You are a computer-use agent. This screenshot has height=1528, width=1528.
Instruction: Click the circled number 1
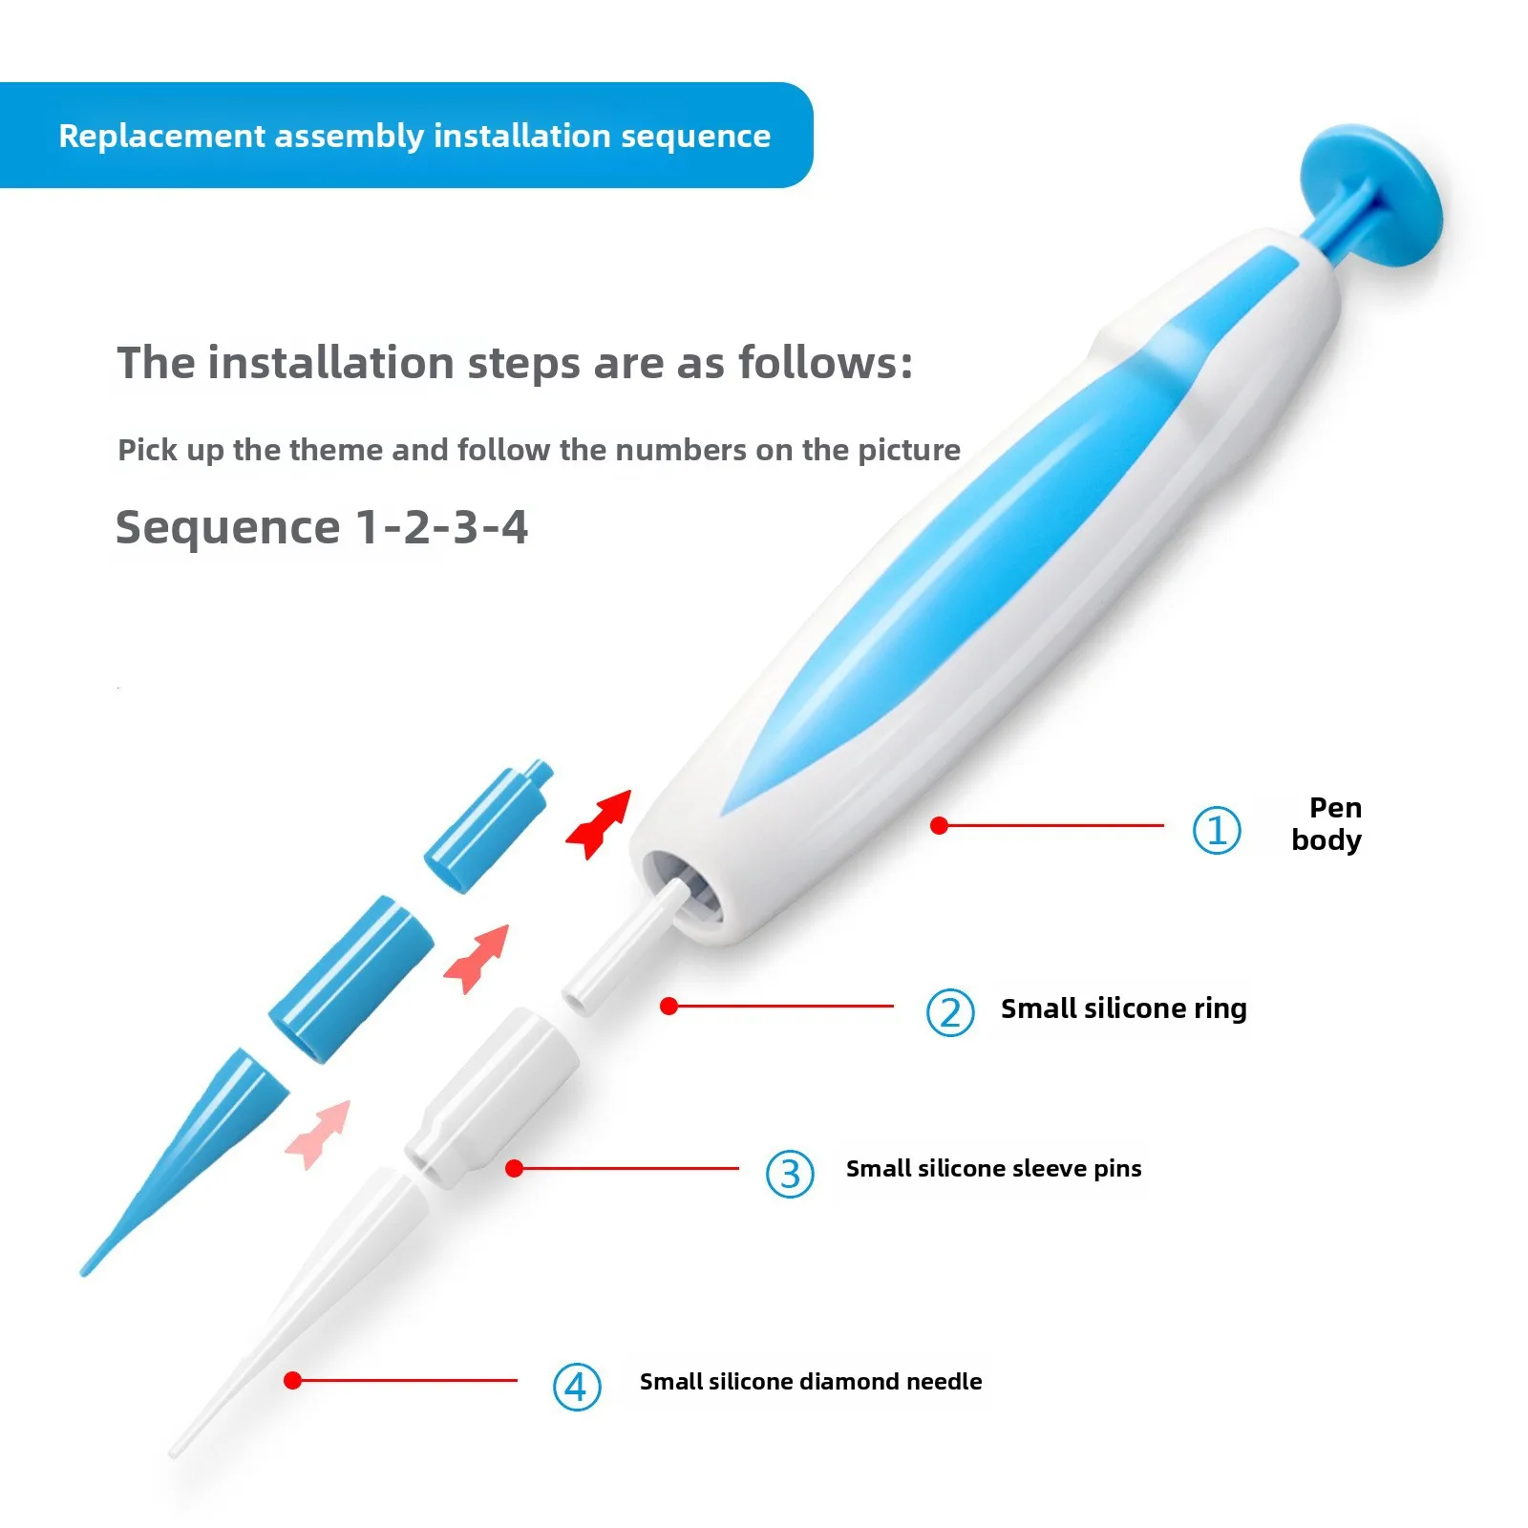[x=1217, y=829]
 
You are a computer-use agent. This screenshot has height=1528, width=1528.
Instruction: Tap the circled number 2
[x=950, y=1012]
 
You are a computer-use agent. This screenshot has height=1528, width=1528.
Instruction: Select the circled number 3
[x=790, y=1174]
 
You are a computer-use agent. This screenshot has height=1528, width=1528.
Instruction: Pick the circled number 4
[x=577, y=1387]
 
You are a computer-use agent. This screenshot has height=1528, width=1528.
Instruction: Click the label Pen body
[x=1326, y=823]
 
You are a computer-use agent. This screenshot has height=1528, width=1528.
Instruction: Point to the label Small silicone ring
[x=1123, y=1008]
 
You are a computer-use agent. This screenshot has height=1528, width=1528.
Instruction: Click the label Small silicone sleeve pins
[x=993, y=1168]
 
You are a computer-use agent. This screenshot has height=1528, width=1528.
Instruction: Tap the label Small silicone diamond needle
[x=811, y=1381]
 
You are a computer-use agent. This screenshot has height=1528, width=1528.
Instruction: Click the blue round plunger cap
[x=1373, y=196]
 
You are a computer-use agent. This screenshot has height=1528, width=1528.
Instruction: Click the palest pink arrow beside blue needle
[x=319, y=1134]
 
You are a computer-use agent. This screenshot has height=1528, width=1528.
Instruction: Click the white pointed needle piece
[x=299, y=1310]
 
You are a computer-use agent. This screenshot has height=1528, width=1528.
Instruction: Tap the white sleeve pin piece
[x=492, y=1096]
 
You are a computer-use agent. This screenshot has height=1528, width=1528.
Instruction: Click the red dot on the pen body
[x=940, y=825]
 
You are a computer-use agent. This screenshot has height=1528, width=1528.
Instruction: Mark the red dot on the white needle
[x=293, y=1380]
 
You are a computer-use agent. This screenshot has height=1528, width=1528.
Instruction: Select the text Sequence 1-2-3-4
[x=322, y=527]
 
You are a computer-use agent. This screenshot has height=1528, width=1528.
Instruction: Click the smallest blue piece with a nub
[x=488, y=825]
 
